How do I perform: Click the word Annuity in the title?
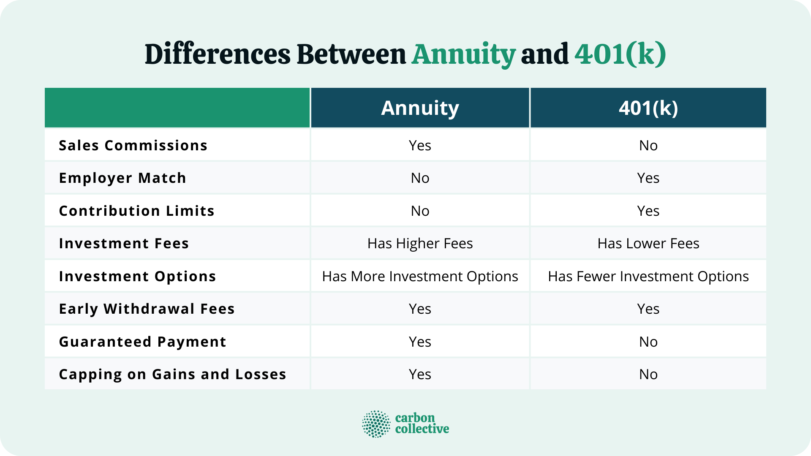[x=463, y=55]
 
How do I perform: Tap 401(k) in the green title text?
[x=620, y=55]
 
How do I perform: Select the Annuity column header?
[x=420, y=108]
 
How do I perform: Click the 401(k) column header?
[x=648, y=108]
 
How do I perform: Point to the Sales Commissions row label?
[x=133, y=145]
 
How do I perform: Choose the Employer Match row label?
[x=122, y=178]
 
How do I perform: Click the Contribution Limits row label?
[x=136, y=211]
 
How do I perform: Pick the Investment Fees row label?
[x=124, y=244]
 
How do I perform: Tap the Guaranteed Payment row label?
[x=142, y=342]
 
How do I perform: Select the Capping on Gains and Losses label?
[x=172, y=375]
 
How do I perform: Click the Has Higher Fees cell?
[x=420, y=244]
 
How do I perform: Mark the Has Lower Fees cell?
[x=648, y=244]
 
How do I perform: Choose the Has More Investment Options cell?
[x=420, y=277]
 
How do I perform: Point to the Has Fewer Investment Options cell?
[x=648, y=277]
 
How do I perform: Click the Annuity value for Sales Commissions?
[x=420, y=146]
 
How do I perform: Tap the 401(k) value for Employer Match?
[x=648, y=178]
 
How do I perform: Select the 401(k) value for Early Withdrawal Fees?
[x=648, y=309]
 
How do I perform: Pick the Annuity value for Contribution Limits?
[x=420, y=211]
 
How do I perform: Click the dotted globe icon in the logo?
[x=376, y=423]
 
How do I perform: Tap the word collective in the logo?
[x=422, y=429]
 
